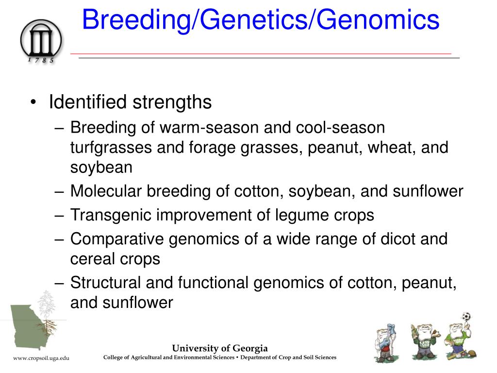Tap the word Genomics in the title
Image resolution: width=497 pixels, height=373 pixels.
[x=378, y=20]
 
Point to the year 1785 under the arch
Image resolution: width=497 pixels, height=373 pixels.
[x=41, y=60]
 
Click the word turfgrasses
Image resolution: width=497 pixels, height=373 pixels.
[x=111, y=148]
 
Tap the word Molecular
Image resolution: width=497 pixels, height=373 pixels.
[x=106, y=191]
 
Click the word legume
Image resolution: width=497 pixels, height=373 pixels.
[x=297, y=215]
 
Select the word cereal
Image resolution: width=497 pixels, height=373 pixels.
[x=92, y=259]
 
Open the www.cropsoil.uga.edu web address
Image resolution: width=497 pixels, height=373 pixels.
[x=41, y=358]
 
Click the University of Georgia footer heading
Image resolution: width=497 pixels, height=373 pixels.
[x=220, y=348]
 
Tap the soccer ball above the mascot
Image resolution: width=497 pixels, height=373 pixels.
[x=466, y=316]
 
